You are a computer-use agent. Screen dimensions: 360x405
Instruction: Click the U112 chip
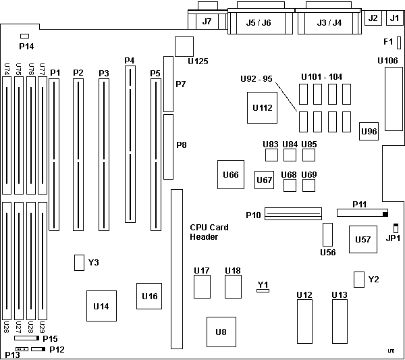point(262,107)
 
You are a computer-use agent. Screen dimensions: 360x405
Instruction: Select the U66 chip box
point(230,175)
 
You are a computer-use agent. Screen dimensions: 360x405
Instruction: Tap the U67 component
point(264,180)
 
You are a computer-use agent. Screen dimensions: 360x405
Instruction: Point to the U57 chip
point(362,239)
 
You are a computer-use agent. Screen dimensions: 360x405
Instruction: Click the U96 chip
point(369,131)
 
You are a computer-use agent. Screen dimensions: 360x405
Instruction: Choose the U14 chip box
point(101,306)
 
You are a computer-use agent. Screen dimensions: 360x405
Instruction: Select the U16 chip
point(149,296)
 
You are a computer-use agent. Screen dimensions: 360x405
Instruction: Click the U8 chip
point(221,331)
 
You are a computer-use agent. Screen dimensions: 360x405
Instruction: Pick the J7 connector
point(207,21)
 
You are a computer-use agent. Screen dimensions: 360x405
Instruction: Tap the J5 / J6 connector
point(259,22)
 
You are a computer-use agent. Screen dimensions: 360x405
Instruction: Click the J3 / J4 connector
point(329,22)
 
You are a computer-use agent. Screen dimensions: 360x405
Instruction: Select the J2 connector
point(372,18)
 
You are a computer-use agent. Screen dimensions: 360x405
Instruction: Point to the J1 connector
point(394,18)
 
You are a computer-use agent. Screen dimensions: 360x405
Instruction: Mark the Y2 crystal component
point(359,279)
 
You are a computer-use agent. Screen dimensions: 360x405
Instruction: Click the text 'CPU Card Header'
point(209,232)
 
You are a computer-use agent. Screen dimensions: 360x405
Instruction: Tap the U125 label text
point(197,61)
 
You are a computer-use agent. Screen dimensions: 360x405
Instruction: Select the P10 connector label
point(252,215)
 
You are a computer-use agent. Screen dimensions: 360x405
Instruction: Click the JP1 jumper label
point(393,238)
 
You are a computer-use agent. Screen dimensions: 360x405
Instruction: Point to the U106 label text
point(387,61)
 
